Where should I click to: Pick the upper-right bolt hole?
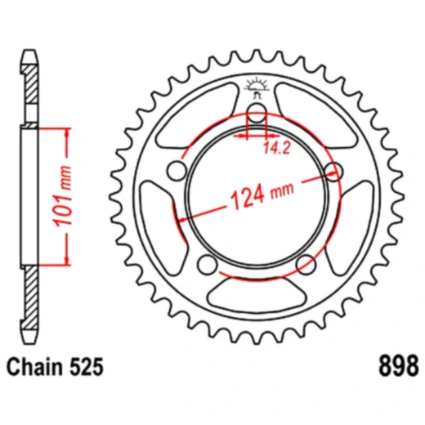(x=333, y=170)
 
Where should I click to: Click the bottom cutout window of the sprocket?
(x=256, y=294)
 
